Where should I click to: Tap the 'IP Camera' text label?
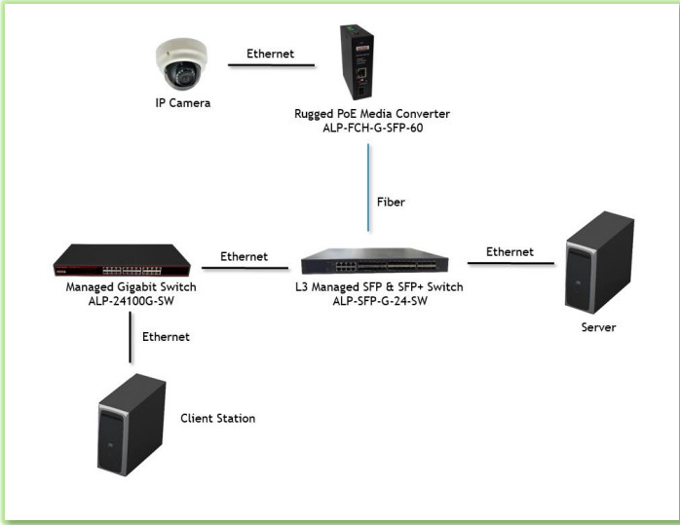pos(182,102)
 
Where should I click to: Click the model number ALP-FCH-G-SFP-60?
pos(372,128)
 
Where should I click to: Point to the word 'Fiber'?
pos(392,203)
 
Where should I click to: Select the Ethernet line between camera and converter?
pos(271,66)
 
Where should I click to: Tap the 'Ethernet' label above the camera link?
pos(270,54)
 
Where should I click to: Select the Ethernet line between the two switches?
pos(245,268)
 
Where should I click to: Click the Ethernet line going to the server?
pos(510,262)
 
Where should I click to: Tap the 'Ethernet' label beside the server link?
pos(510,251)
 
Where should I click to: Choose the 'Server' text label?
pos(598,328)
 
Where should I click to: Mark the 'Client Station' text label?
pos(218,419)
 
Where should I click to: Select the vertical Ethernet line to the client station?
pos(132,336)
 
